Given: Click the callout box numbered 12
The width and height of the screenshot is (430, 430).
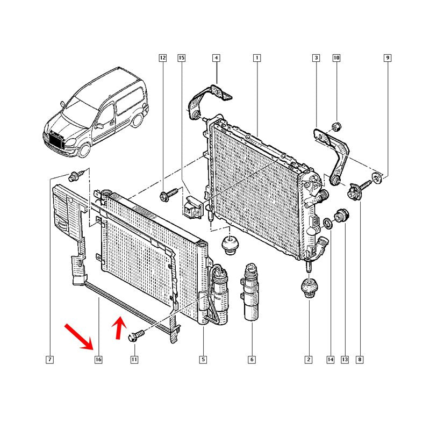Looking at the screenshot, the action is click(163, 58).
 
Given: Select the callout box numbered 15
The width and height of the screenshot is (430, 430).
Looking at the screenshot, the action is click(182, 58).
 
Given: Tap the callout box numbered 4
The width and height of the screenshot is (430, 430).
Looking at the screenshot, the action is click(217, 58).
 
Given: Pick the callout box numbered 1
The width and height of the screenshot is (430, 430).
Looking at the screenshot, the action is click(257, 58).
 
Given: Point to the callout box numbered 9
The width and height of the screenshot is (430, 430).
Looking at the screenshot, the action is click(388, 58).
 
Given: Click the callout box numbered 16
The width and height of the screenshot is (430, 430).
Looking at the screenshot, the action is click(98, 360).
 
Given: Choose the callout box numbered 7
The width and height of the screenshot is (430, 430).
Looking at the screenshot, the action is click(49, 360).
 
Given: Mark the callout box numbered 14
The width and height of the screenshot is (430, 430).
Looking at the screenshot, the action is click(331, 360).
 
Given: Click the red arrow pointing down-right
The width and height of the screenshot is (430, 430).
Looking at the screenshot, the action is click(79, 337).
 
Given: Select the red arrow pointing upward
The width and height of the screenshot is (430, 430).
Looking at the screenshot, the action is click(118, 328).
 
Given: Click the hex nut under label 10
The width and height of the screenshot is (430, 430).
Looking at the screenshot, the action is click(336, 126).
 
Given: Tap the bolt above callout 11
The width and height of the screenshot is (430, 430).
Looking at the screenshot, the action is click(136, 335).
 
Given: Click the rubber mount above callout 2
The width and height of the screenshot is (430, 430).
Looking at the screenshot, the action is click(309, 288).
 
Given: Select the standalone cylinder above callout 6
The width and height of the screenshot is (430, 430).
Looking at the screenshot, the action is click(250, 291).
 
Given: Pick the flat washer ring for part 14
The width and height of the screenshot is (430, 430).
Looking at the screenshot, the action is click(328, 223).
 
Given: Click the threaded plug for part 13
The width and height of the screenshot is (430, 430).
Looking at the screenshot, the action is click(341, 216).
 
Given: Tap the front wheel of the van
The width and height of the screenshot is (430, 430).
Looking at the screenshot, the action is click(84, 150).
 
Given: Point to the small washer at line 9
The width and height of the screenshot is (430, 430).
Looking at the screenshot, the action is click(377, 178).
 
